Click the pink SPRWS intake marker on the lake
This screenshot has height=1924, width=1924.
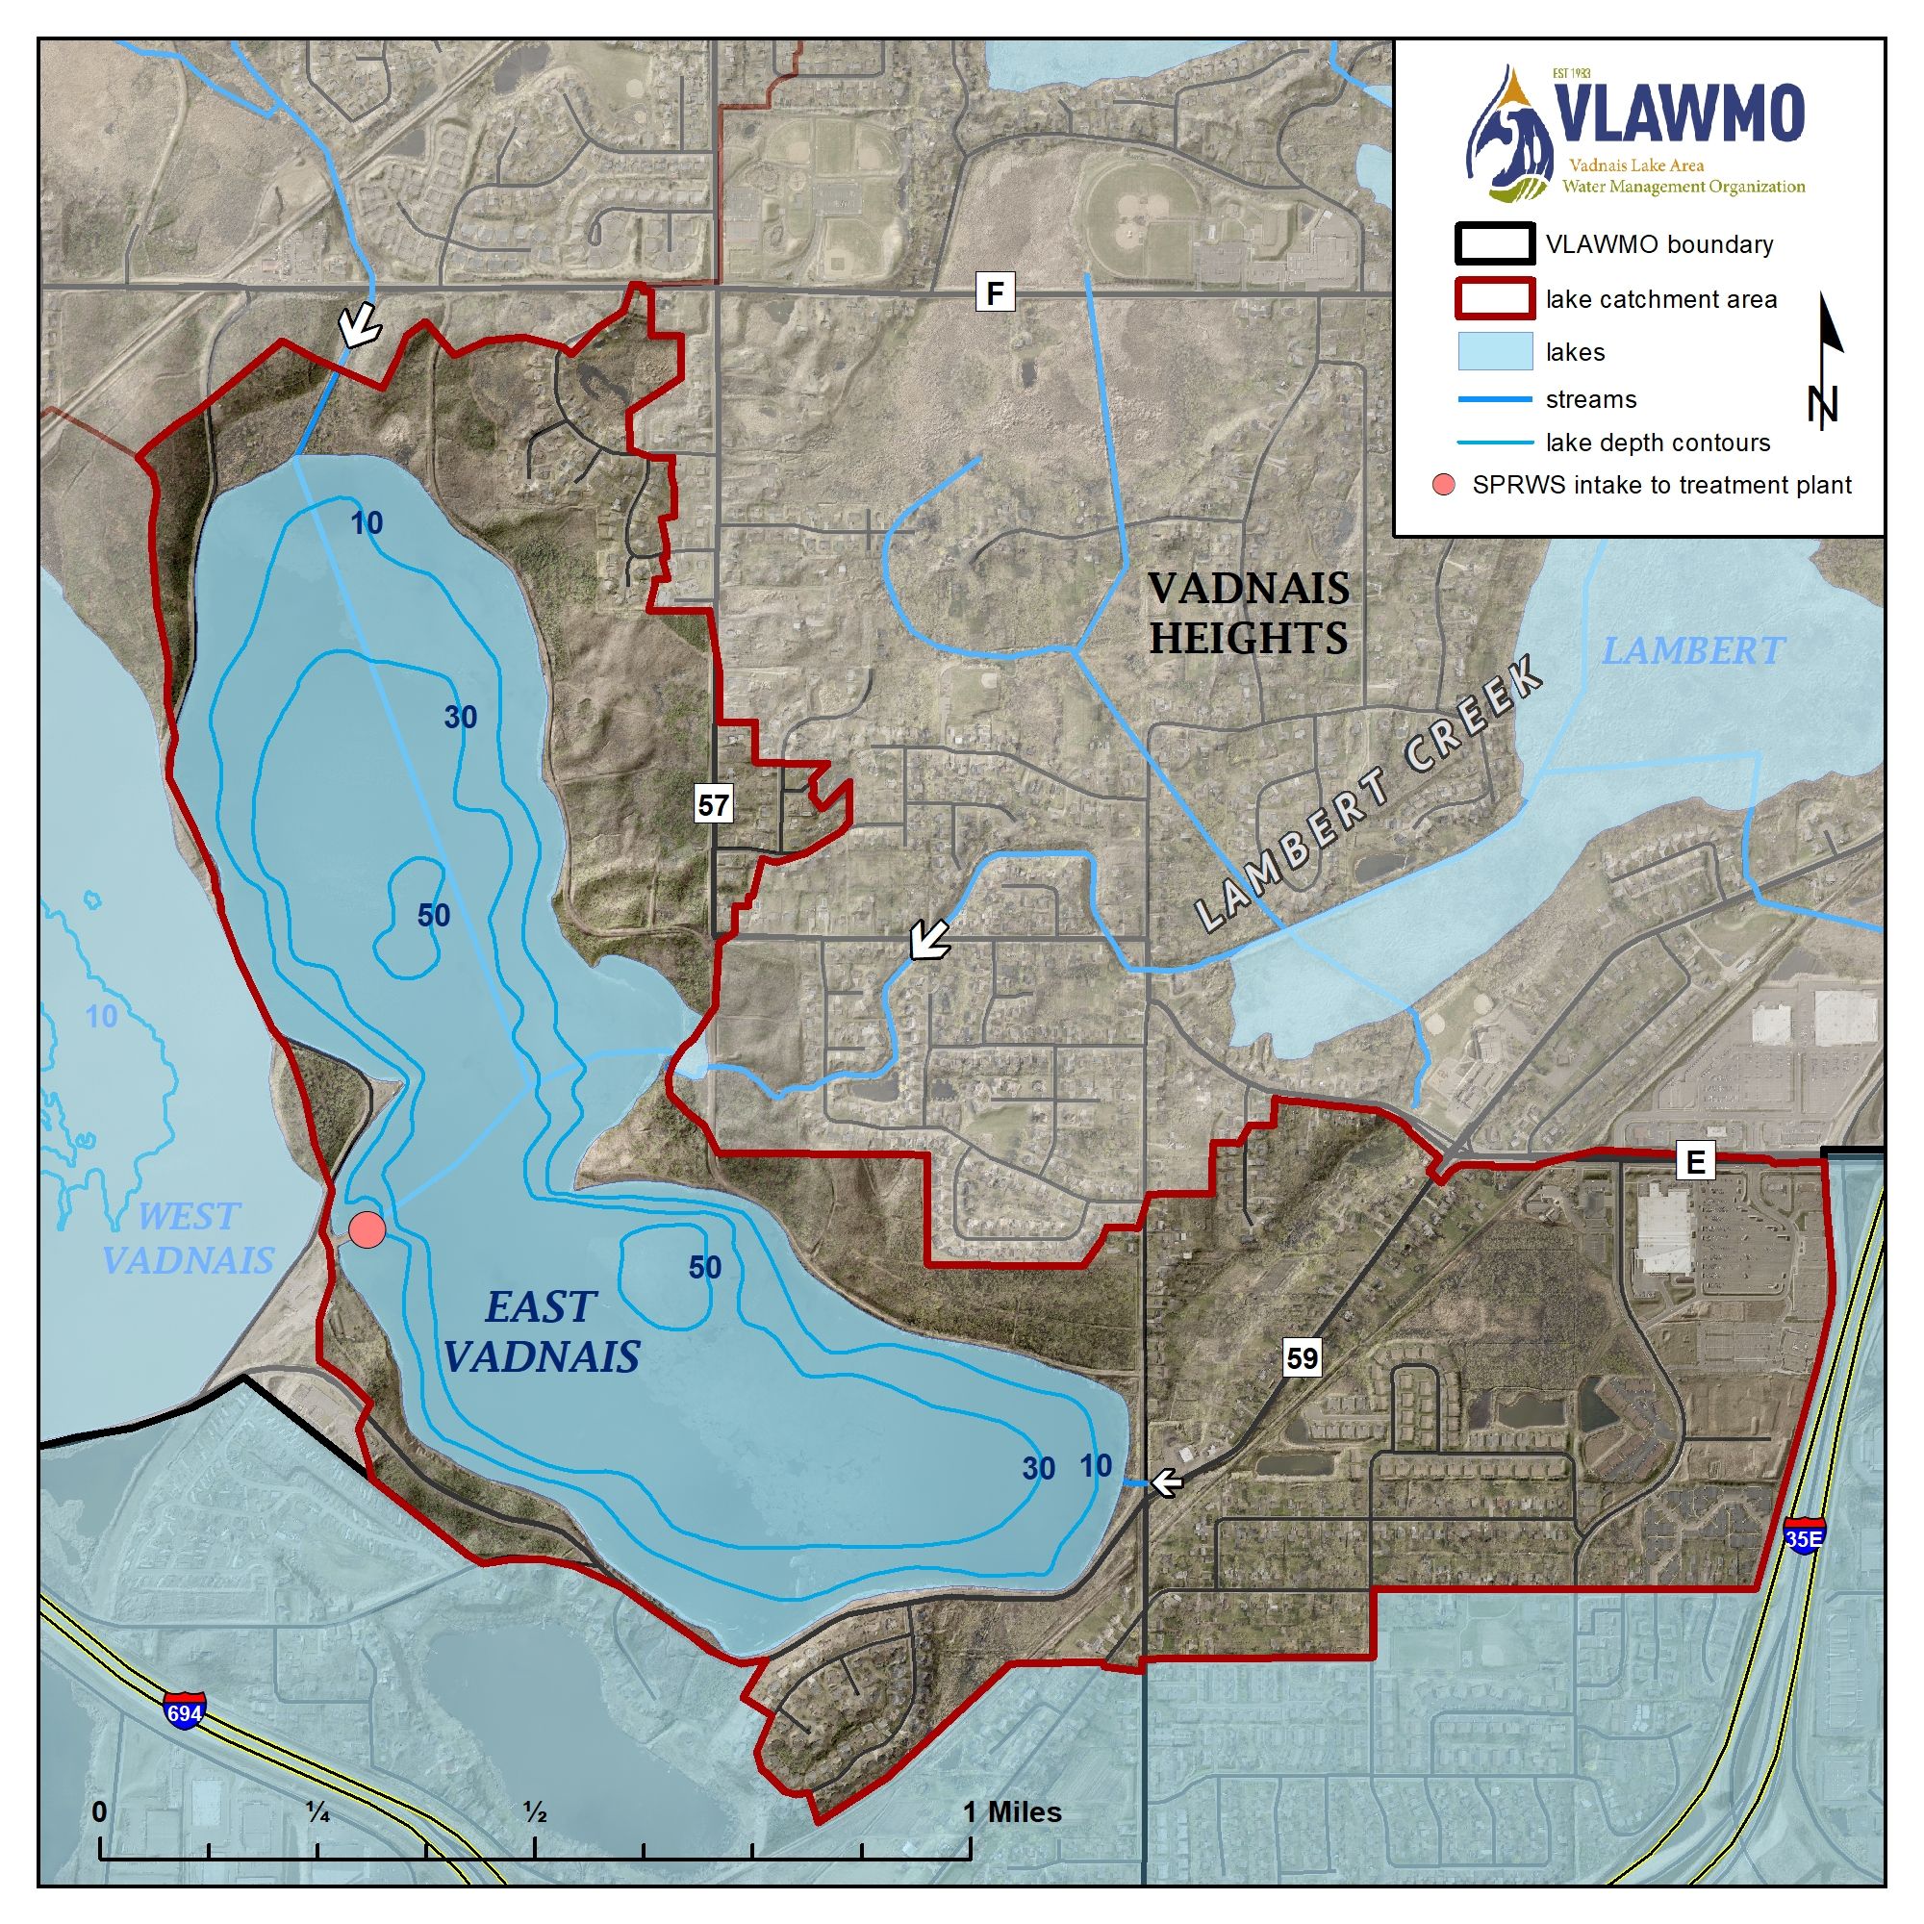(x=367, y=1229)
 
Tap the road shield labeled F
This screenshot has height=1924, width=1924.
(x=994, y=292)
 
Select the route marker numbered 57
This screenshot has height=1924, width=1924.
(x=713, y=804)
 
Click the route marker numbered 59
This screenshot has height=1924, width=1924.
(x=1302, y=1358)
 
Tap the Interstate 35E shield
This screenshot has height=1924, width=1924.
(x=1805, y=1536)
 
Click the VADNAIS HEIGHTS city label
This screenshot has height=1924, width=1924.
(x=1249, y=614)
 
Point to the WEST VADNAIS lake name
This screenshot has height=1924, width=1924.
(x=188, y=1238)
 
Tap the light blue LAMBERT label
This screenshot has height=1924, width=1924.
(x=1692, y=651)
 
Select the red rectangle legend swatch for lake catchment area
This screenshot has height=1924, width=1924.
(x=1494, y=299)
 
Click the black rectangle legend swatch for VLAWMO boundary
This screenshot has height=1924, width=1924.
(x=1494, y=245)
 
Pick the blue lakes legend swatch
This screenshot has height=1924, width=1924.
(x=1494, y=351)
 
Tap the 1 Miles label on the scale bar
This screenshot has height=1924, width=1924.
(x=1012, y=1812)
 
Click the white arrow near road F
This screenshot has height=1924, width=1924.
(x=357, y=324)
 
